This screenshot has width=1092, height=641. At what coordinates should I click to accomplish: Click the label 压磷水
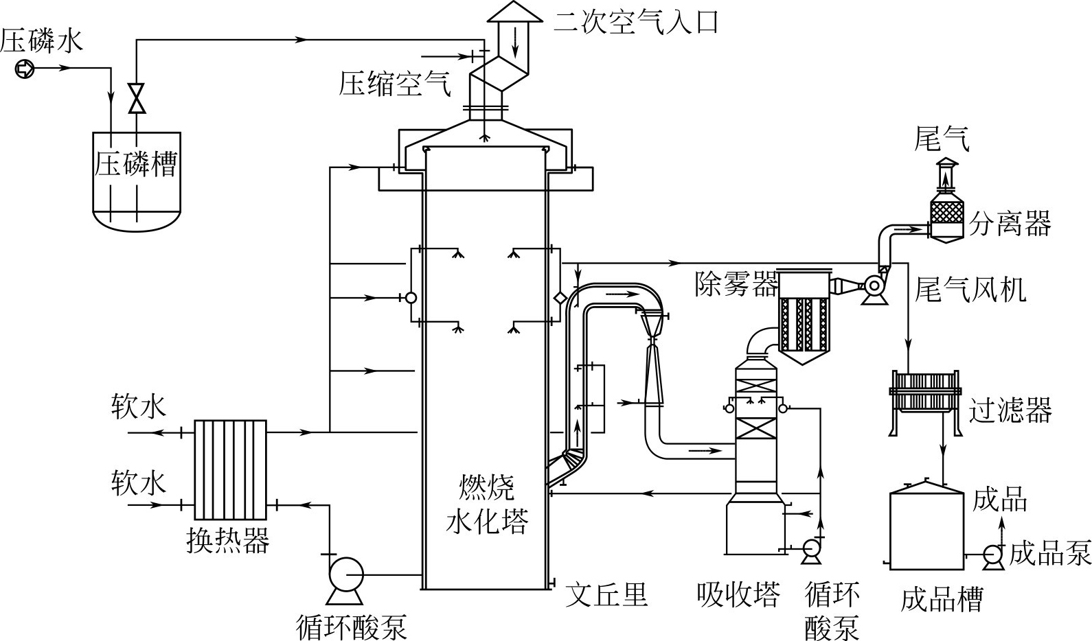coord(41,40)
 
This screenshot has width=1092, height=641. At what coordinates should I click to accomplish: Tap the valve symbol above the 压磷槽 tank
coord(137,98)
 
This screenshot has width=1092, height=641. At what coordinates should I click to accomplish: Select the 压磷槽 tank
coord(137,181)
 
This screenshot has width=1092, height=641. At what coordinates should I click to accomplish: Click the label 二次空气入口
coord(636,22)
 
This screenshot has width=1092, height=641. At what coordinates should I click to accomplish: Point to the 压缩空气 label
coord(395,84)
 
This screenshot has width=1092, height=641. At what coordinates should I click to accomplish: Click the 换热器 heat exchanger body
coord(230,469)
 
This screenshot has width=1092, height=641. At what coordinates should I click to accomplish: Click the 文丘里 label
coord(606,594)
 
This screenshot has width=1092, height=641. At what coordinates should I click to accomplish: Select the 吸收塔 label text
coord(738,594)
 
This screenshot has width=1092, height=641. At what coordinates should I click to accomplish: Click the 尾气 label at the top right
coord(942,139)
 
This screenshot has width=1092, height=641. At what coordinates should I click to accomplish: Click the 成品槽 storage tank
coord(926,528)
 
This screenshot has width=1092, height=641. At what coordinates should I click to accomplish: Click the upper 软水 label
coord(139,406)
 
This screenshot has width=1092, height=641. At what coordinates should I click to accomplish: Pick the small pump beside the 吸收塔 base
coord(812,548)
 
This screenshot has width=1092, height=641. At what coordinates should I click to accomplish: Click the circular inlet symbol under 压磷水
coord(24,69)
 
